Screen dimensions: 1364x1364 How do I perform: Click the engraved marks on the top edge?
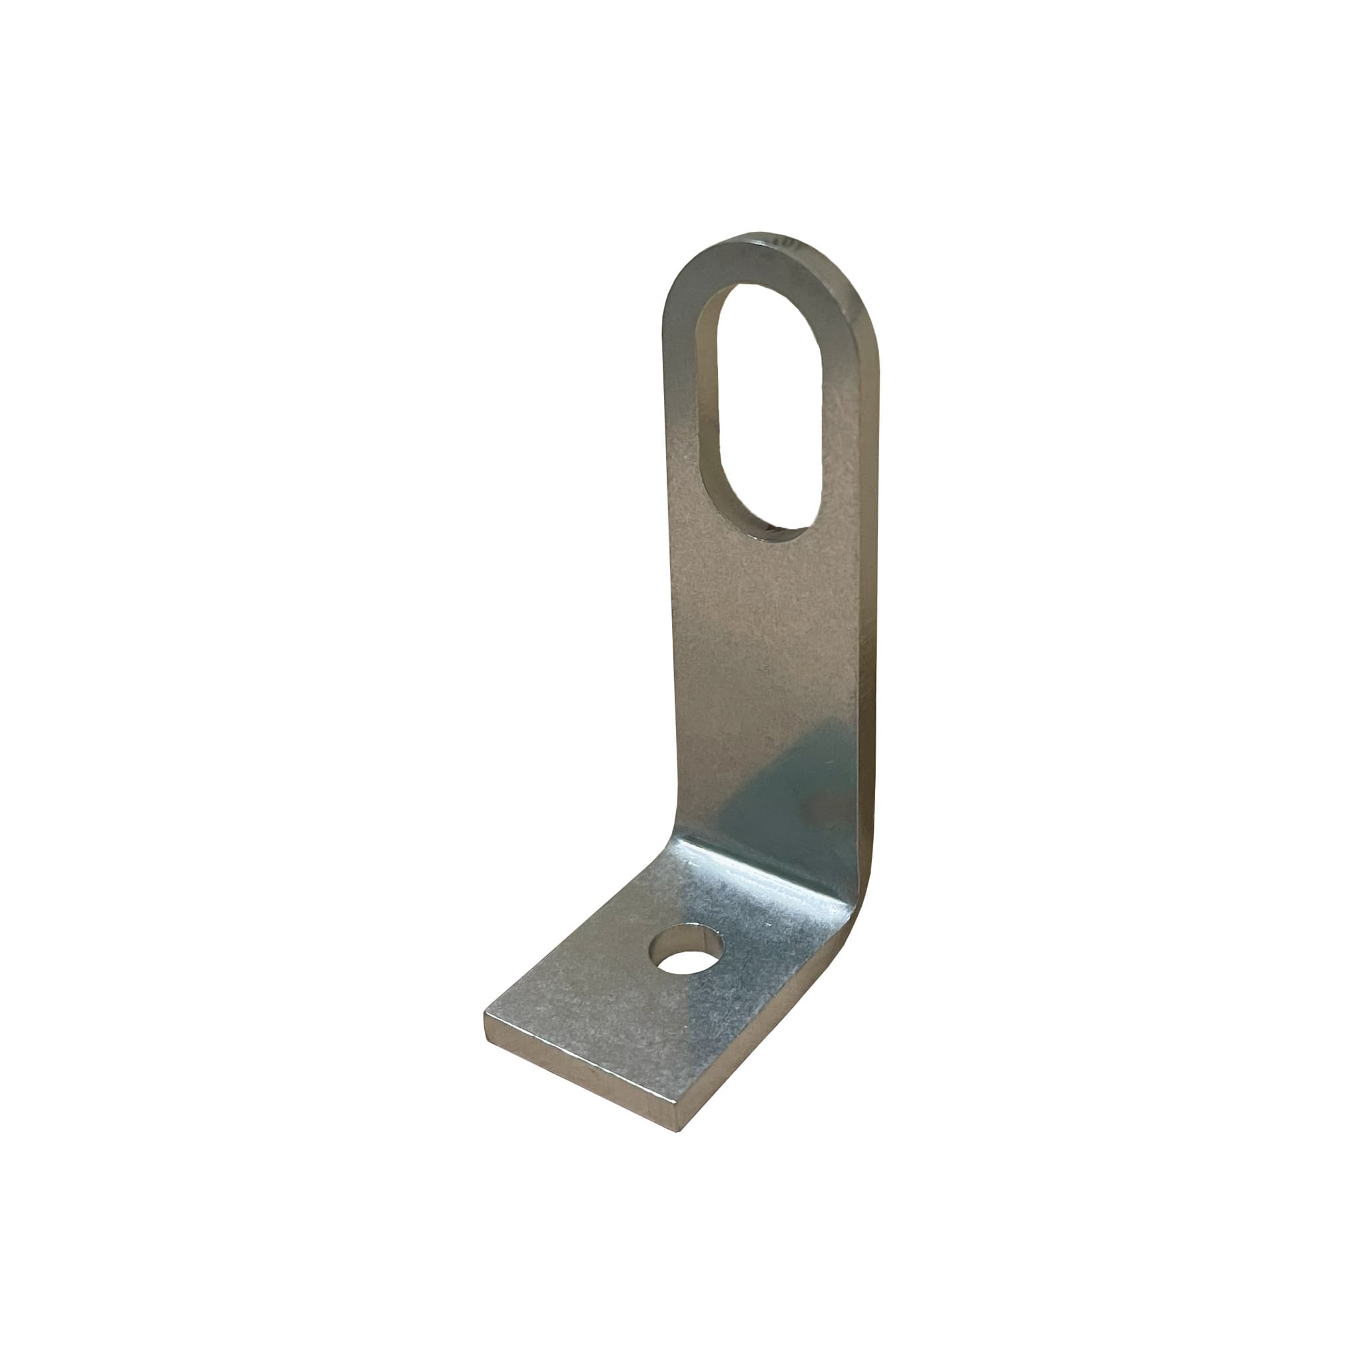[x=787, y=242]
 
